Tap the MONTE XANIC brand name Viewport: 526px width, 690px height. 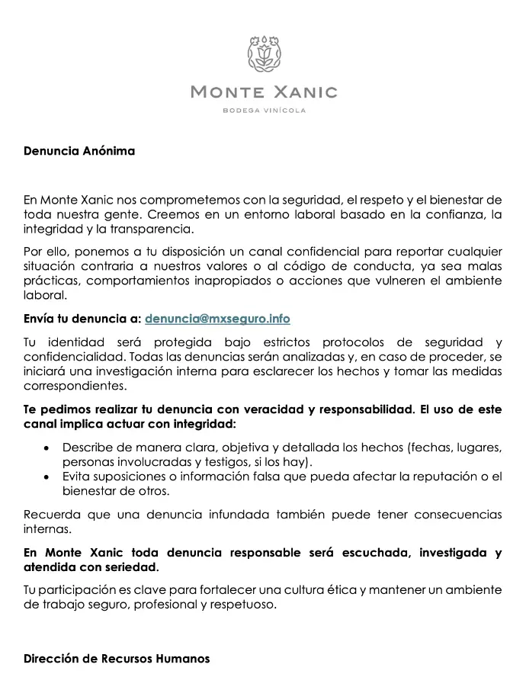pyautogui.click(x=263, y=92)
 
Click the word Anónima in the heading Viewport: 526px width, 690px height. pyautogui.click(x=109, y=151)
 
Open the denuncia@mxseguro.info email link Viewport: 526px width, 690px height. pyautogui.click(x=217, y=318)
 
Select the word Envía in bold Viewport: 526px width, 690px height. pyautogui.click(x=41, y=318)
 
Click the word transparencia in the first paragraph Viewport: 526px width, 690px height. pyautogui.click(x=156, y=229)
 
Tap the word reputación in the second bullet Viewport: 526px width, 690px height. pyautogui.click(x=422, y=477)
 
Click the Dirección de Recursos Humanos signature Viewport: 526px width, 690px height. pyautogui.click(x=116, y=658)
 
